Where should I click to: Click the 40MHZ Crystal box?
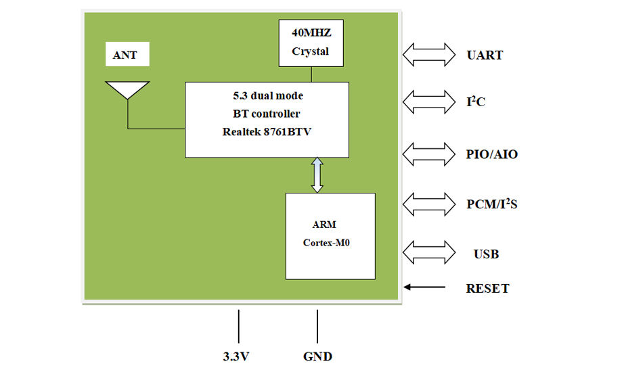coord(311,43)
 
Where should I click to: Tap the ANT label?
coord(125,55)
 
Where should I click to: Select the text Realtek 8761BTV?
coord(267,132)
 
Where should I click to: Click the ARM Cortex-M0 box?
coord(330,236)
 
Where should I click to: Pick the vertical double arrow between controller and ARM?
coord(317,175)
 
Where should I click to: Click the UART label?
coord(485,55)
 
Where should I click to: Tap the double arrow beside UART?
coord(429,54)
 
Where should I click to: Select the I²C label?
coord(476,101)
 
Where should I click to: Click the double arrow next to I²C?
coord(429,101)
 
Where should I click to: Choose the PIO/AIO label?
coord(492,154)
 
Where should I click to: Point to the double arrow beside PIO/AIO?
coord(429,154)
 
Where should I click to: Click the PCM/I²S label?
coord(492,204)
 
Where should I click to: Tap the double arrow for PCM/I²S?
coord(429,204)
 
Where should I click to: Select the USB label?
coord(487,254)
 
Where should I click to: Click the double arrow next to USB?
coord(429,252)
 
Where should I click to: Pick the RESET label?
coord(487,289)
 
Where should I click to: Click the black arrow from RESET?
coord(424,287)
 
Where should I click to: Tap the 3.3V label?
coord(236,356)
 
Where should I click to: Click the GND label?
coord(317,356)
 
